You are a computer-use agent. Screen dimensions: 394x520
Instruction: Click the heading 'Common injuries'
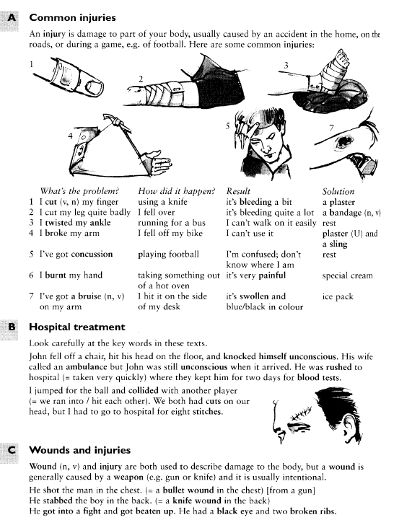[72, 17]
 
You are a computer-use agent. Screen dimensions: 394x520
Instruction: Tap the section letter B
[12, 327]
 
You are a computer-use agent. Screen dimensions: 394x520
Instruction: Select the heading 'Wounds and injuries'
[79, 450]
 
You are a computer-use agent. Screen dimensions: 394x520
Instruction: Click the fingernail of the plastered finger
[95, 87]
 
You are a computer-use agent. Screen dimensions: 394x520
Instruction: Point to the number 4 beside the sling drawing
[70, 136]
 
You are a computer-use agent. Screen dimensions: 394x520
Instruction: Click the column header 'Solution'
[338, 191]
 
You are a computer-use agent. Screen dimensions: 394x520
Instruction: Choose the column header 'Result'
[238, 191]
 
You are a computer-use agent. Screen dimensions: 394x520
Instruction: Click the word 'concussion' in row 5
[92, 255]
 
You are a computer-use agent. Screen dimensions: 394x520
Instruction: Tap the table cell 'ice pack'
[338, 296]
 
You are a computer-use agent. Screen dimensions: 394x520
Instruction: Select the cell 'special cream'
[347, 276]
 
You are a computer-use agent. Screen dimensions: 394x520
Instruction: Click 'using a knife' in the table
[162, 202]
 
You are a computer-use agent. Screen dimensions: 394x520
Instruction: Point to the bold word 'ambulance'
[87, 367]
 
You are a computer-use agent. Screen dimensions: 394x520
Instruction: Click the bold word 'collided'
[143, 390]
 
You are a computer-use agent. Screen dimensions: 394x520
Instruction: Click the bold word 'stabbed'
[56, 500]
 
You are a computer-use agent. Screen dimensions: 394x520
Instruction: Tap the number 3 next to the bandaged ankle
[286, 66]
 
